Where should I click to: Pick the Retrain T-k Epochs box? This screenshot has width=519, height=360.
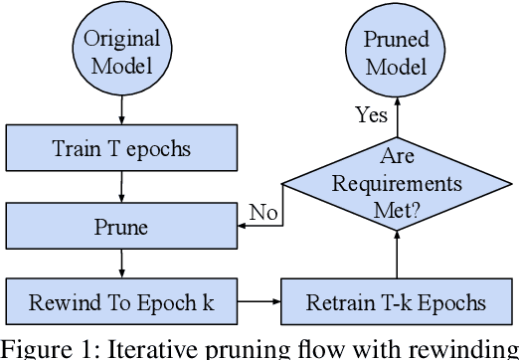tap(398, 300)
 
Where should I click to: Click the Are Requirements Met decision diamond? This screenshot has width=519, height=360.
tap(397, 183)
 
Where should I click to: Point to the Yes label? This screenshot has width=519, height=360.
tap(370, 115)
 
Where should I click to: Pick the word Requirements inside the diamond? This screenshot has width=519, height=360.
tap(397, 184)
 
